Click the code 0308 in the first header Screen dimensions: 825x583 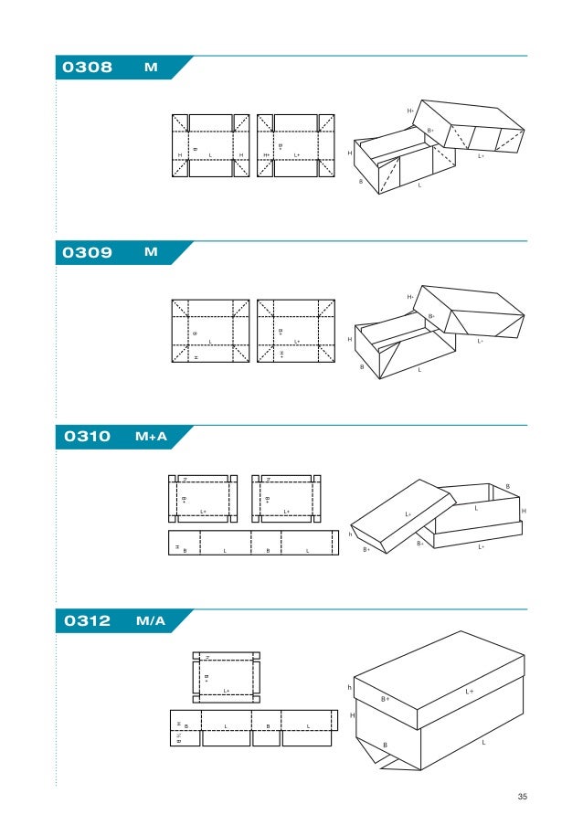(x=86, y=69)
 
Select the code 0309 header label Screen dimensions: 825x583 (x=86, y=253)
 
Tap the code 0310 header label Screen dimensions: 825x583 (x=86, y=438)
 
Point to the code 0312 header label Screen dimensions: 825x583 (x=86, y=622)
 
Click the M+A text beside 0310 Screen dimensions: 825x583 (x=151, y=438)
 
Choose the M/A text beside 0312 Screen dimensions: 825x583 (x=150, y=622)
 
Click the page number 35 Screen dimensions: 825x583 (x=523, y=798)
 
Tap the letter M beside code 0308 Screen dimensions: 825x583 (x=151, y=69)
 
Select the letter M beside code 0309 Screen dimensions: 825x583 (x=151, y=253)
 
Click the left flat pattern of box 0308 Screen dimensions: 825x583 (x=210, y=146)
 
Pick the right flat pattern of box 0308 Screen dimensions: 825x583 (x=296, y=146)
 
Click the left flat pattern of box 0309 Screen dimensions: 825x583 (x=210, y=331)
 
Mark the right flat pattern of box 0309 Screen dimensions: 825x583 (x=296, y=331)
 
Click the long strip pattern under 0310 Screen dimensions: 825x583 (x=250, y=543)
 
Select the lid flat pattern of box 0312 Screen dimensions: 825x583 (x=226, y=677)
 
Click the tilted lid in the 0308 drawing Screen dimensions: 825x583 (x=471, y=127)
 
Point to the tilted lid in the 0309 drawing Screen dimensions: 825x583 (x=471, y=311)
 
